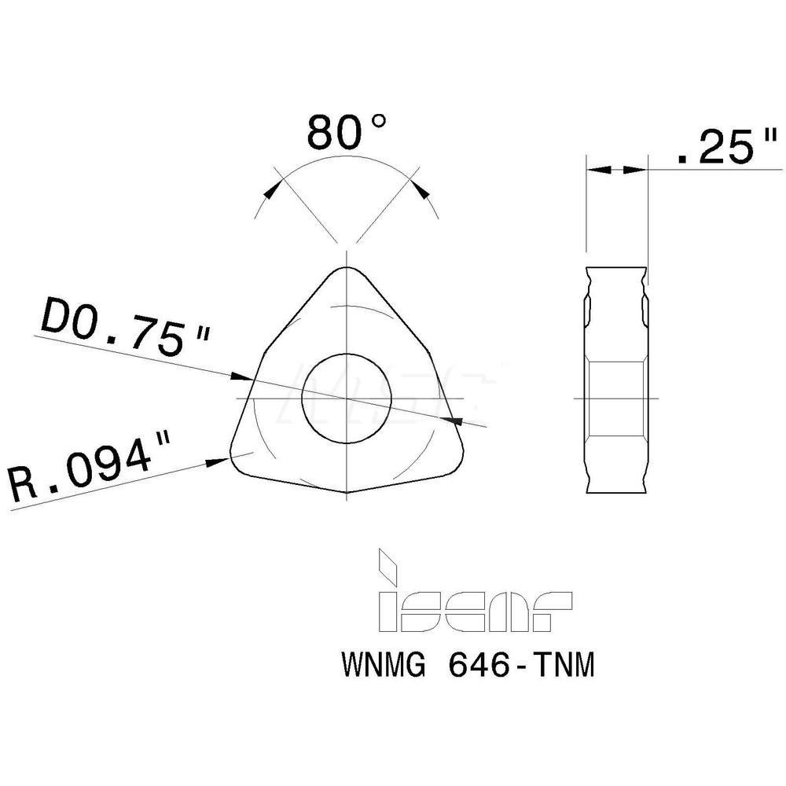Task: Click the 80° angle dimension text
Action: tap(347, 132)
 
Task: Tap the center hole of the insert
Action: tap(347, 398)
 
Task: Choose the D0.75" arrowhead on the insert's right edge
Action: tap(452, 421)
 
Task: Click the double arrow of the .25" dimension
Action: tap(616, 169)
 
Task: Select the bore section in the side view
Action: tap(617, 398)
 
